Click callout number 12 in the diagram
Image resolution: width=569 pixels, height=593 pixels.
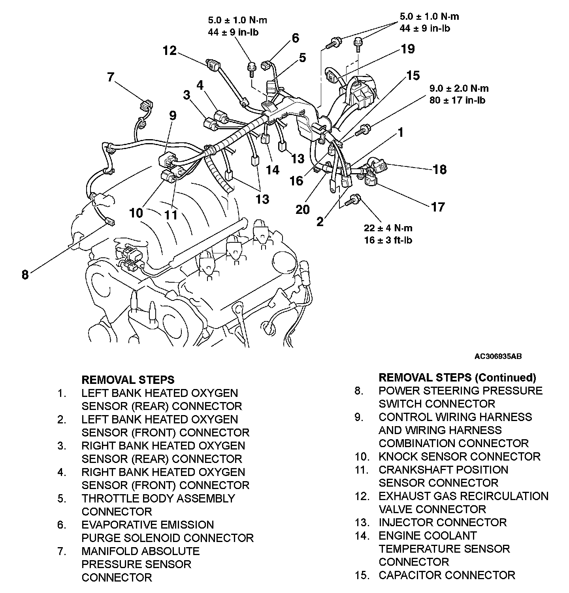coord(170,51)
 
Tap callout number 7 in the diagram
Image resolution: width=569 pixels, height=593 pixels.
coord(111,77)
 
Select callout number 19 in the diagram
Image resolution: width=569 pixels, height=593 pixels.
coord(408,49)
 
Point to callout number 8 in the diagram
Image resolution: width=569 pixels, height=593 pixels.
coord(25,275)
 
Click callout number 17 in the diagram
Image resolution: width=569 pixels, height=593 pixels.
coord(438,207)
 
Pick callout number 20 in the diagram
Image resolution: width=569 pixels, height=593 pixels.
coord(303,209)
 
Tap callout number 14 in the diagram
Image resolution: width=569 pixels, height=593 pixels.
coord(273,170)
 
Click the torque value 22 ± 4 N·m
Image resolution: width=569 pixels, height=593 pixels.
coord(388,228)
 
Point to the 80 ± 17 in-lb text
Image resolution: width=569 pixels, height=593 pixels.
coord(458,100)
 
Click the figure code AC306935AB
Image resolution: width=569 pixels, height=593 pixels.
coord(498,356)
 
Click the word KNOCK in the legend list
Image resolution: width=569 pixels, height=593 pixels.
coord(398,457)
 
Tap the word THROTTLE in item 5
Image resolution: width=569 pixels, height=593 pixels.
coord(108,499)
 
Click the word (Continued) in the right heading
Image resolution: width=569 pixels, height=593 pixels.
coord(505,378)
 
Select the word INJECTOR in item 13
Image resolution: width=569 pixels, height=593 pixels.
coord(406,522)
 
